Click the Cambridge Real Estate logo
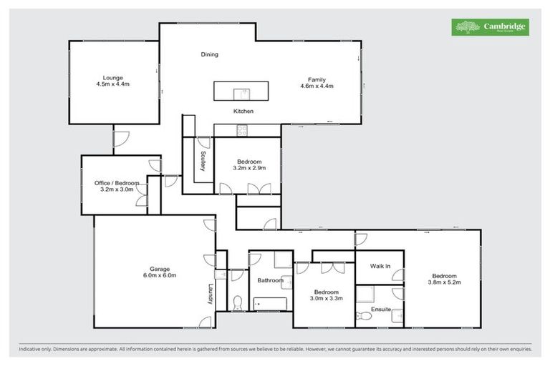490,27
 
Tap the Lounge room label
112,81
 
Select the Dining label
209,54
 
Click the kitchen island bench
241,91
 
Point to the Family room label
317,83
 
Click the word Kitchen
243,112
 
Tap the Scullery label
203,161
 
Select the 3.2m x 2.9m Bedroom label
249,165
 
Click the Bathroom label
270,281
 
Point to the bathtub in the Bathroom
270,304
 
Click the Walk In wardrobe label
380,267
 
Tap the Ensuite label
381,309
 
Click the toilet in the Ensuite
365,315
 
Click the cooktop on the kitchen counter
242,130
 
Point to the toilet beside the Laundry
237,302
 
